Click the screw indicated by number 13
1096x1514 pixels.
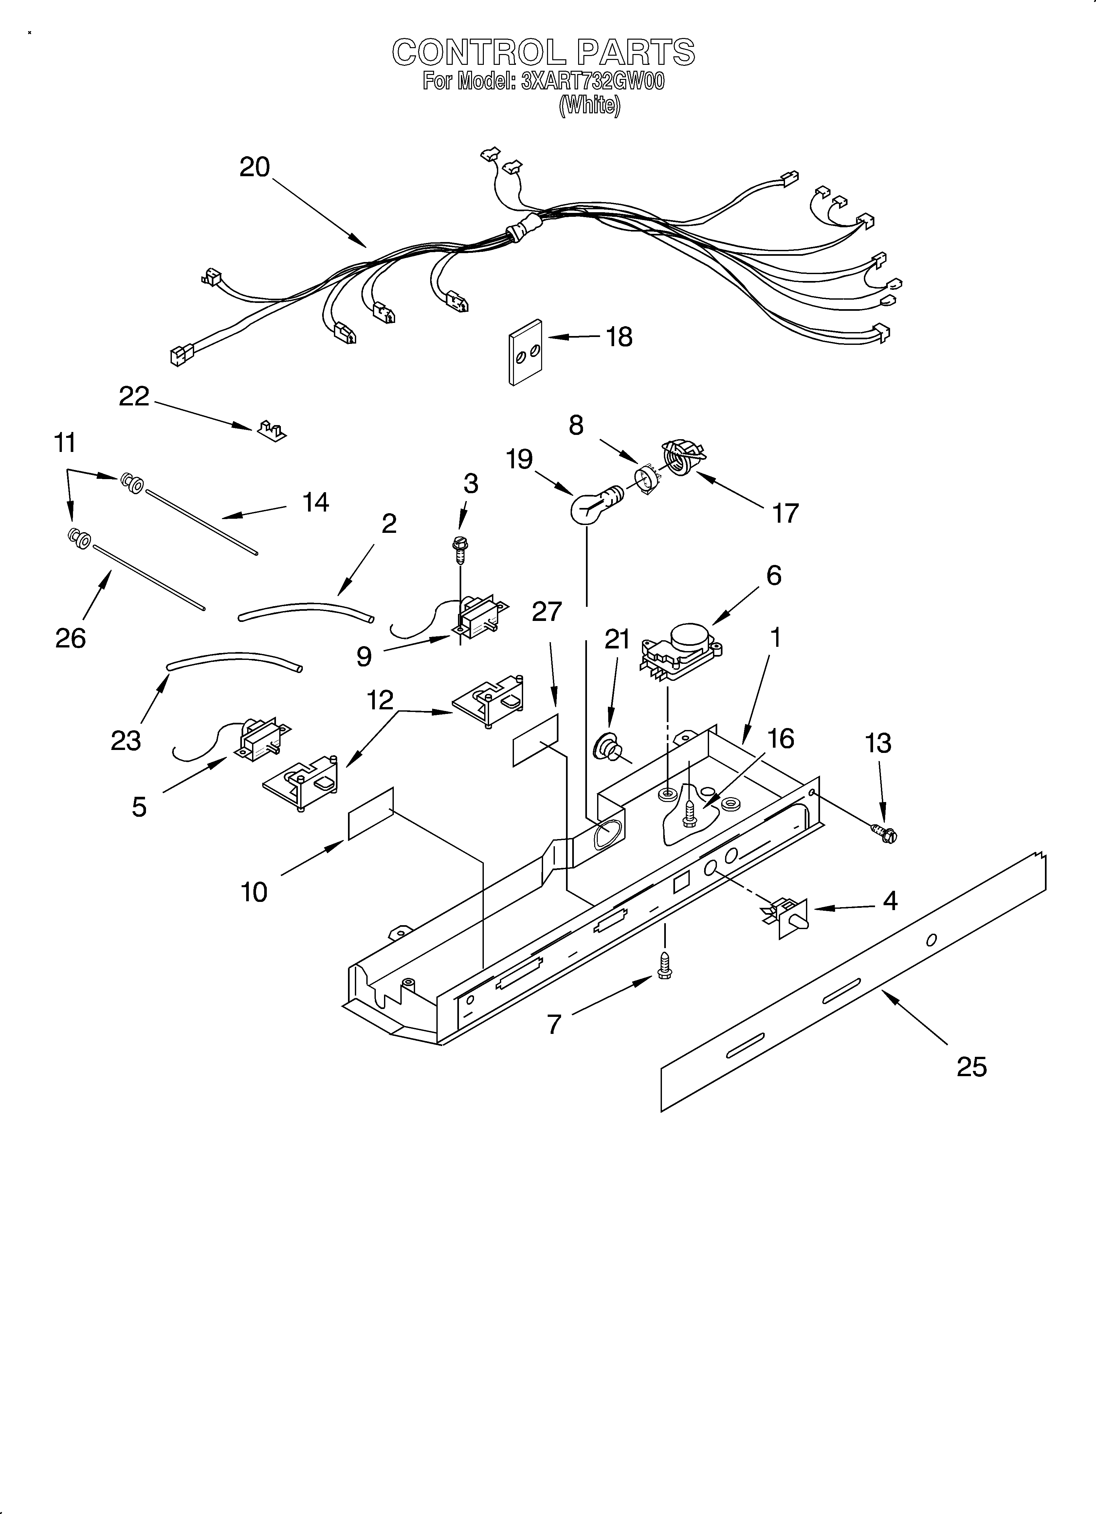[885, 832]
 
